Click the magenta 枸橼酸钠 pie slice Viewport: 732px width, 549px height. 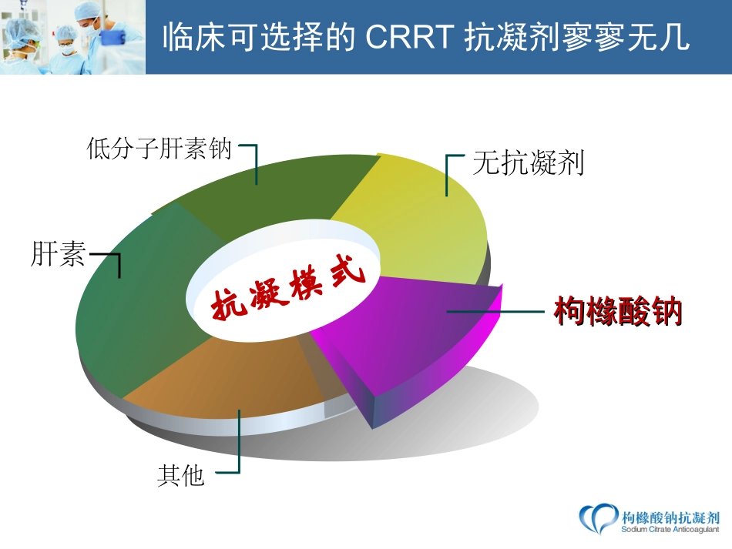(x=411, y=340)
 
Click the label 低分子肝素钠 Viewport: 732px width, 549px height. (x=159, y=149)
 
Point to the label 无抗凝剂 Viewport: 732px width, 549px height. (x=528, y=162)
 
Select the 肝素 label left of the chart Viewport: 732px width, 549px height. (x=58, y=254)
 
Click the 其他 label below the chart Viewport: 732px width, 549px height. (x=180, y=475)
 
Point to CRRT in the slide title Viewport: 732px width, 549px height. (x=409, y=36)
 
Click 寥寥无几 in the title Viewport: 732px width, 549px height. (x=626, y=36)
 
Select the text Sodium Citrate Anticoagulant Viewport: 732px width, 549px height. (x=670, y=530)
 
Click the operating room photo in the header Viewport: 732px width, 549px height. (x=73, y=37)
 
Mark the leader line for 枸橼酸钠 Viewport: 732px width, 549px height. (x=495, y=310)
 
